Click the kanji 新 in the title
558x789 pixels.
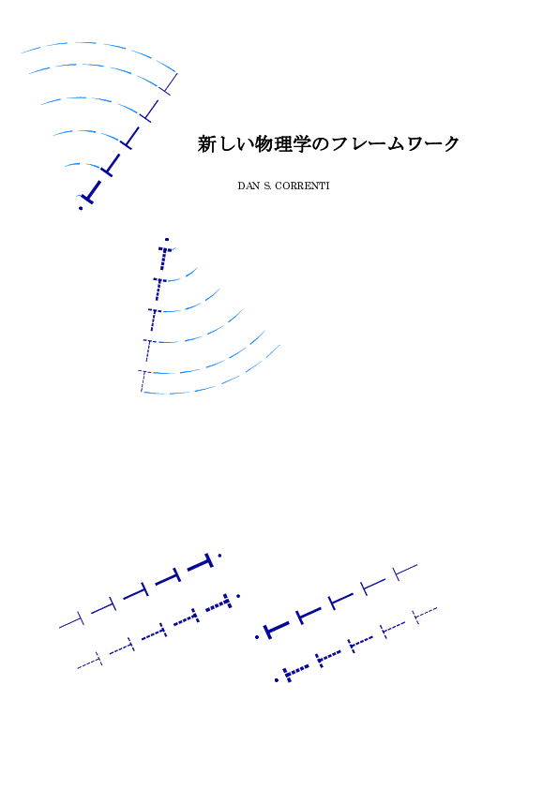tap(206, 144)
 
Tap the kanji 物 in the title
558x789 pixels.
tap(264, 144)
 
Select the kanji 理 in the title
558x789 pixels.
tap(283, 144)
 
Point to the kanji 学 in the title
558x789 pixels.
tap(302, 144)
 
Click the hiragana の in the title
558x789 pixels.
tap(321, 144)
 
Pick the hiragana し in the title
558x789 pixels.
tap(226, 144)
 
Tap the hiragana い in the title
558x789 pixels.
tap(245, 145)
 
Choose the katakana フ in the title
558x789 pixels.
tap(339, 144)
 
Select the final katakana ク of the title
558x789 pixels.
tap(451, 144)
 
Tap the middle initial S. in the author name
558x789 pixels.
tap(267, 186)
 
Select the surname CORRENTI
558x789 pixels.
tap(302, 186)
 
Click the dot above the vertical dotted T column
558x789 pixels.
tap(167, 240)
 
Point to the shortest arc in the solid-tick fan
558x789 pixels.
tap(81, 164)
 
